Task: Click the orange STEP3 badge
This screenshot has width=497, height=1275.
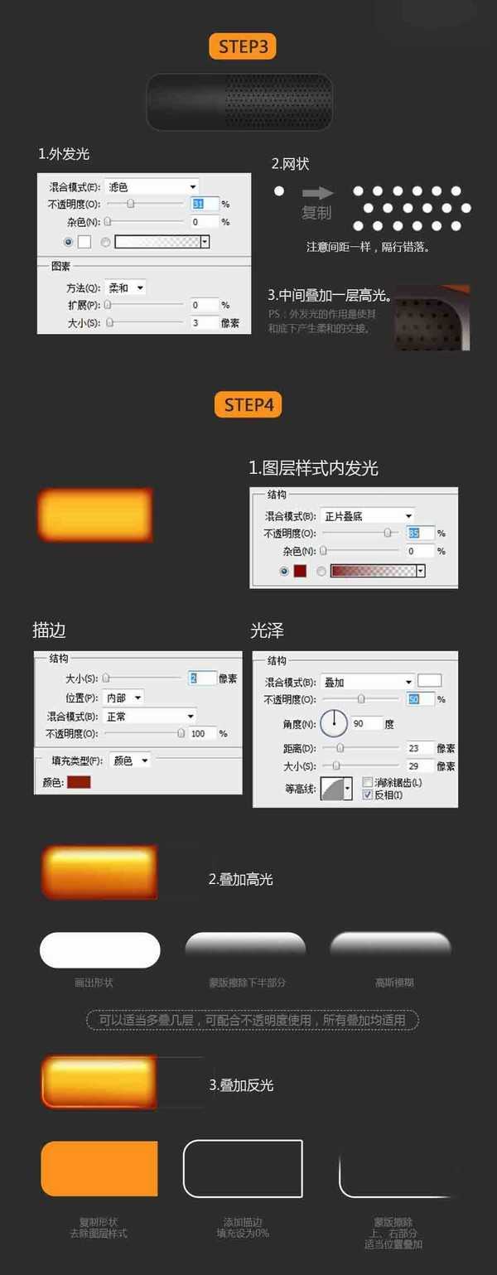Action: point(242,46)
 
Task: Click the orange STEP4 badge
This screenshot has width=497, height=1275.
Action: point(248,405)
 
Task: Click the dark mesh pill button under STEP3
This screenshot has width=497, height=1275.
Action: point(239,102)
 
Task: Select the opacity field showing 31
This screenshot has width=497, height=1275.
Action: point(204,204)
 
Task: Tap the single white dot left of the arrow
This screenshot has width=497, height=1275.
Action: point(279,191)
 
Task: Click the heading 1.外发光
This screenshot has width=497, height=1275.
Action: point(64,154)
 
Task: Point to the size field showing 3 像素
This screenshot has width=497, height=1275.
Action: point(204,322)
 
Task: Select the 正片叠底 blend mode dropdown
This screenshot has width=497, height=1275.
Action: point(368,516)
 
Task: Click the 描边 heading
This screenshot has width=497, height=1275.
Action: point(49,630)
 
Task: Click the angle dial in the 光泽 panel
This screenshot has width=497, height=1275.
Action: point(334,723)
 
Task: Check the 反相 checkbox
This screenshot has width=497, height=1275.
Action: point(368,794)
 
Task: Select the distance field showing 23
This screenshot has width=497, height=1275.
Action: point(419,748)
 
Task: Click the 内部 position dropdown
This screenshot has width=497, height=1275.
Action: point(124,698)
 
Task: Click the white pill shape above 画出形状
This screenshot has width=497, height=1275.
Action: point(99,949)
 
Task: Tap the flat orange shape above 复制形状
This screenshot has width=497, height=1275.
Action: point(99,1168)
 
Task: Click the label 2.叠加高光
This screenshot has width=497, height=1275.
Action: point(240,879)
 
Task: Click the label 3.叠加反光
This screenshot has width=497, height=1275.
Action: point(241,1084)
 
